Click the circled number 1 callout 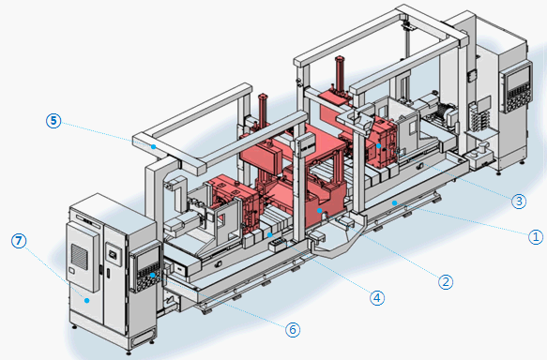536,237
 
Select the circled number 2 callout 446,281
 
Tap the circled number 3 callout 519,201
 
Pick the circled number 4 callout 377,298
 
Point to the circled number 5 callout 53,121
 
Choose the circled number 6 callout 293,329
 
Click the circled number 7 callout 19,241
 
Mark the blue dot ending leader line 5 153,146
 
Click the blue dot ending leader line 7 87,300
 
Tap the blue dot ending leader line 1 394,202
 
